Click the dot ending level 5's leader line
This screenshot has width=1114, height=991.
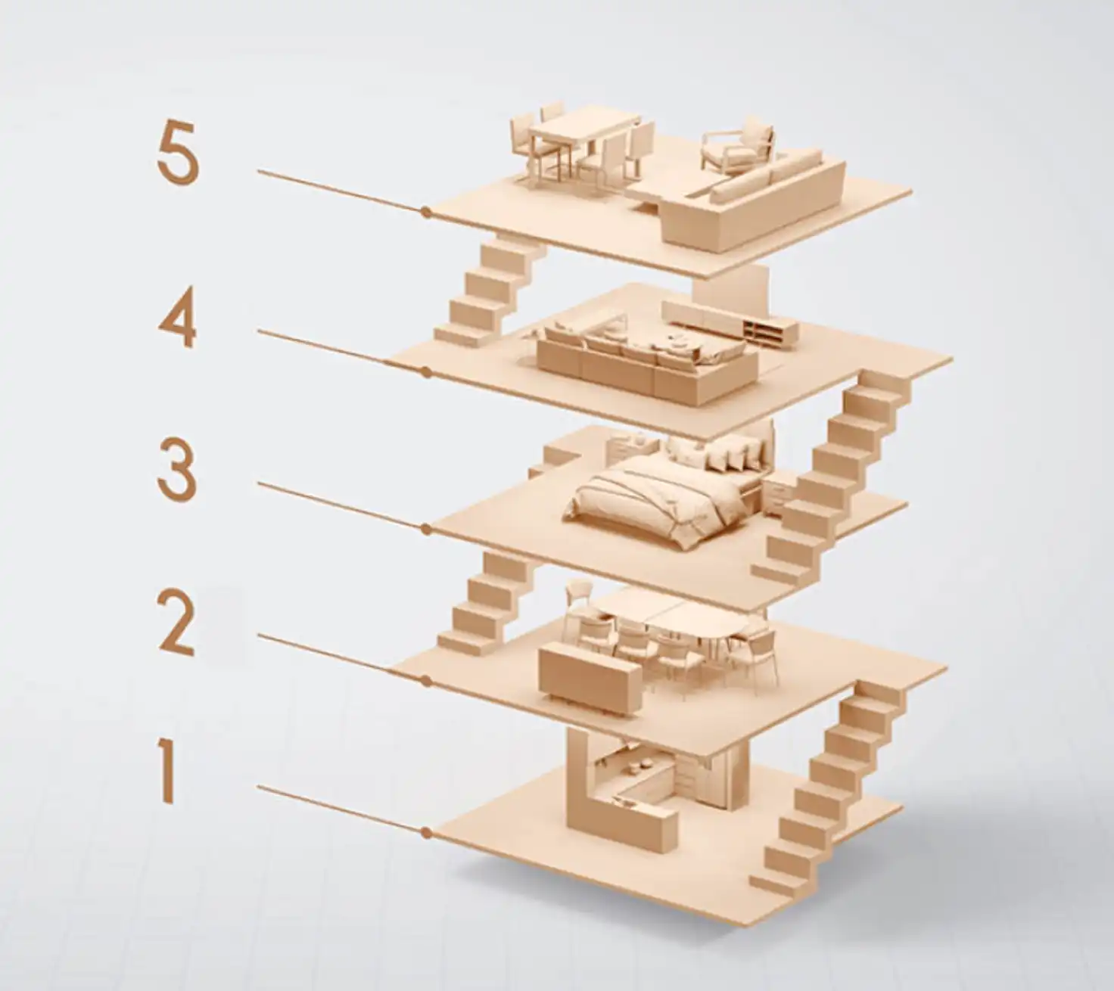425,211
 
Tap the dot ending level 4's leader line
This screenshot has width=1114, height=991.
425,373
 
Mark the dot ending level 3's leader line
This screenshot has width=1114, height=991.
425,530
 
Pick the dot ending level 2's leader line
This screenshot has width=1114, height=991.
425,682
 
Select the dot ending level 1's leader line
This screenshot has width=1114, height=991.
425,833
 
